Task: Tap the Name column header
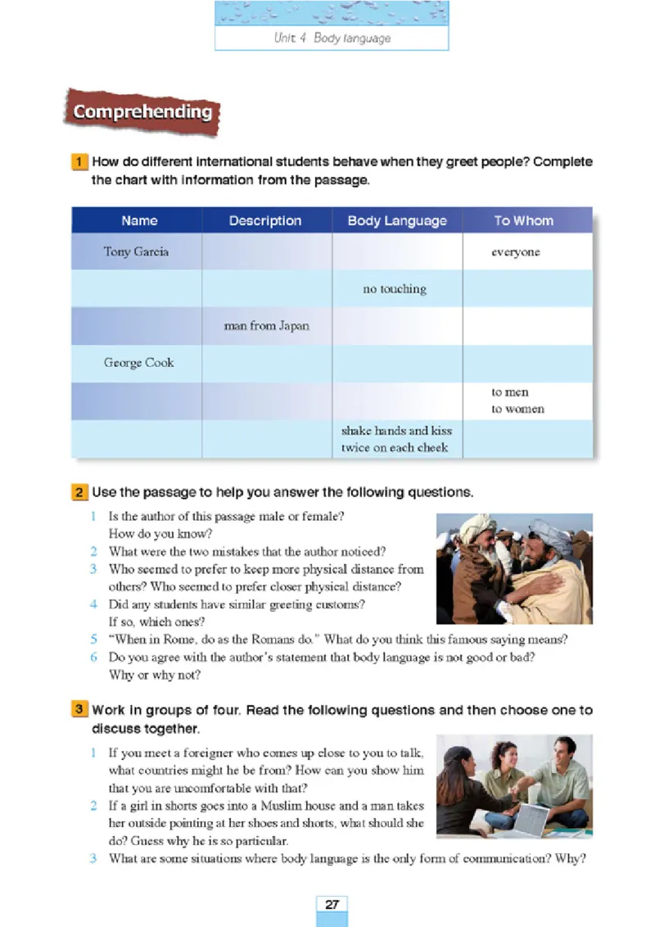click(139, 220)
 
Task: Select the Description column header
click(265, 220)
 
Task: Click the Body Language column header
click(397, 220)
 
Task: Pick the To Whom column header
click(523, 220)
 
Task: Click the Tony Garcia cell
click(136, 251)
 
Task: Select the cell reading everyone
click(515, 252)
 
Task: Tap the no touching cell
click(395, 289)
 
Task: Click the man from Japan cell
click(266, 326)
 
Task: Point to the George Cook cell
click(138, 363)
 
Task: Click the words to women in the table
click(517, 409)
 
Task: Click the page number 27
click(332, 904)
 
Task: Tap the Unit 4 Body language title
click(332, 38)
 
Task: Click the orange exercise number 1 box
click(79, 162)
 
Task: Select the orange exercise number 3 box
click(79, 710)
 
